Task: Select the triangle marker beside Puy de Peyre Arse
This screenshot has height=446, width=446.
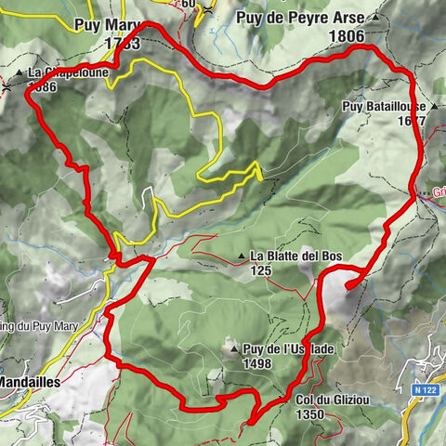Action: [375, 18]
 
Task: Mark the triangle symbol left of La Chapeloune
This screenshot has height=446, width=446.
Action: [19, 72]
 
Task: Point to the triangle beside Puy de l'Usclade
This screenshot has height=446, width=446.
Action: [233, 349]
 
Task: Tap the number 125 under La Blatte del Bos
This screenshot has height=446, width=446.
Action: [259, 271]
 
